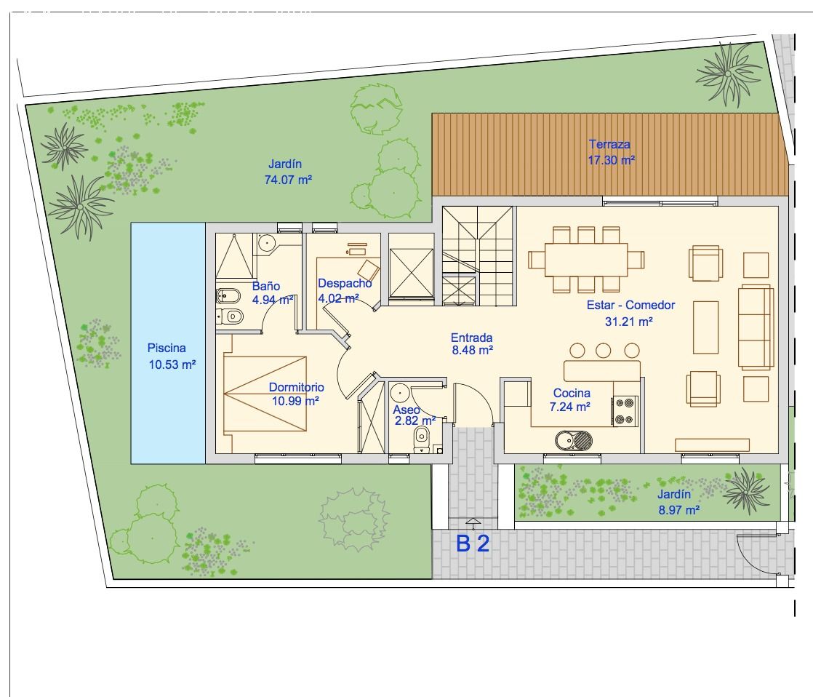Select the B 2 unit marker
473,543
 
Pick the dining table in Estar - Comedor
587,259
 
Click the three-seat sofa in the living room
755,327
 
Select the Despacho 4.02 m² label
344,290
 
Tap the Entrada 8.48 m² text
472,343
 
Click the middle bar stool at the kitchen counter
602,350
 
